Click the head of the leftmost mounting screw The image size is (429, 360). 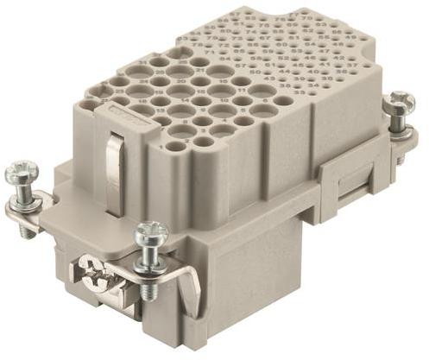[20, 174]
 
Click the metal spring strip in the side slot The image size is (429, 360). [110, 160]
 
